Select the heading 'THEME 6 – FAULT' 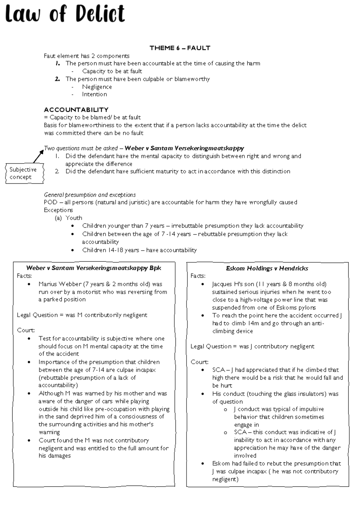coord(180,48)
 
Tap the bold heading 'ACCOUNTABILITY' coord(76,110)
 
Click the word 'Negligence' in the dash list coord(97,87)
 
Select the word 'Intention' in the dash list coord(94,94)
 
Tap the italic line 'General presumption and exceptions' coord(90,194)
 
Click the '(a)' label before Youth coord(58,218)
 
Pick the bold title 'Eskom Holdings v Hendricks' coord(267,268)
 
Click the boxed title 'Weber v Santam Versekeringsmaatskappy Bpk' coord(94,268)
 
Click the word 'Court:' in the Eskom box coord(199,362)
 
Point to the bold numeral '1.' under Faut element coord(58,63)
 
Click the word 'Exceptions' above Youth coord(58,210)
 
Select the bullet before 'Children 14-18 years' coord(73,250)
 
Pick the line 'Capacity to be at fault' coord(112,71)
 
